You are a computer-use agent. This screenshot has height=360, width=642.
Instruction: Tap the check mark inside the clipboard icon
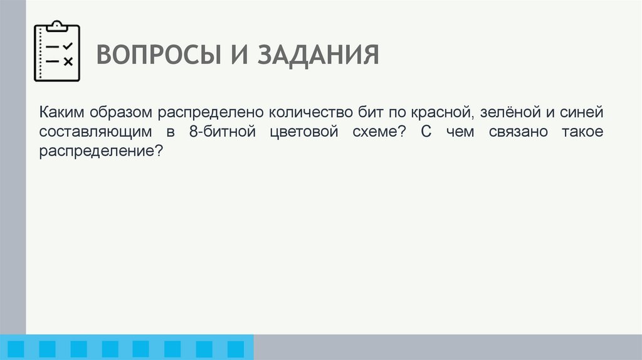(x=68, y=46)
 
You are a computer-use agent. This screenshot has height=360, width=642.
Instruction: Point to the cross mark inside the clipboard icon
(x=68, y=61)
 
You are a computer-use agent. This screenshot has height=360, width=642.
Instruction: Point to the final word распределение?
(x=100, y=152)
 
